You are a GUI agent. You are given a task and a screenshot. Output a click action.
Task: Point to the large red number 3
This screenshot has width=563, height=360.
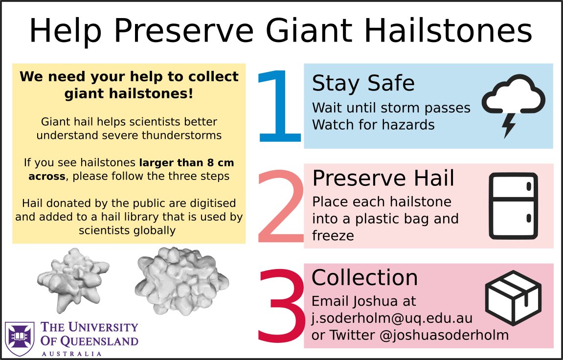click(281, 306)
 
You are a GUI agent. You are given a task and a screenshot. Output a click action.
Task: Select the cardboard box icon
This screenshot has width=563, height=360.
click(513, 297)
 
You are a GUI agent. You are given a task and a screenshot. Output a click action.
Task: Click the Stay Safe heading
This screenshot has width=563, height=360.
click(363, 83)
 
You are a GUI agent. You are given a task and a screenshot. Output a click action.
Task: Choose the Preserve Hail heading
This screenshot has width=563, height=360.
click(383, 179)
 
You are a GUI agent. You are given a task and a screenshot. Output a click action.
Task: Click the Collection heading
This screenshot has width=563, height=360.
click(364, 278)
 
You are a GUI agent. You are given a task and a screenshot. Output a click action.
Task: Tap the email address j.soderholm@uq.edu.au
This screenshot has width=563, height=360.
click(392, 318)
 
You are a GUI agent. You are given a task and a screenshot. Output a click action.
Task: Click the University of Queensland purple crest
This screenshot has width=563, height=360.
click(20, 338)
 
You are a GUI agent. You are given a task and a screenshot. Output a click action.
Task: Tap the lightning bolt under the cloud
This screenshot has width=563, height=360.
click(509, 125)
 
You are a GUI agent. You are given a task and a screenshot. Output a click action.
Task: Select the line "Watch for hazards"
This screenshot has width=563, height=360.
click(373, 125)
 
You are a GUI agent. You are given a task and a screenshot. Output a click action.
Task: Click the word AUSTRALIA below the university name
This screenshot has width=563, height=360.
click(72, 354)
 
